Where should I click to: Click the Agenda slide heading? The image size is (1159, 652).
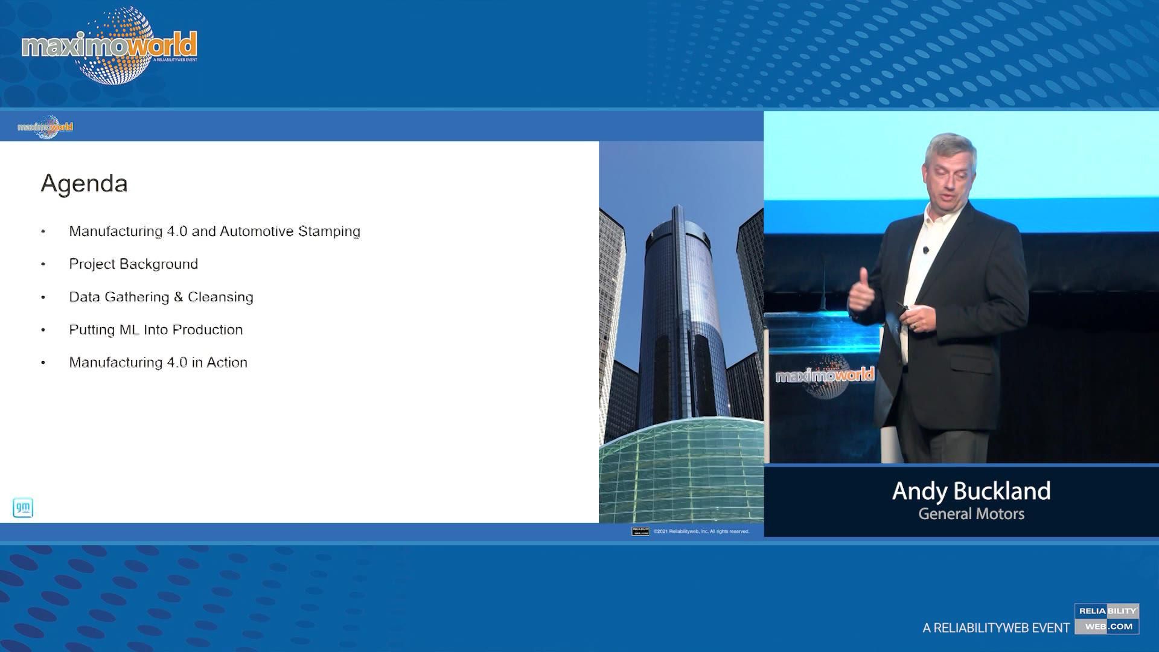84,184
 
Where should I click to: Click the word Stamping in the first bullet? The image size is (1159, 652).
329,231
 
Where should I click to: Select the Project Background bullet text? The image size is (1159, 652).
133,264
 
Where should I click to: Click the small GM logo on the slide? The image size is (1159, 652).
23,508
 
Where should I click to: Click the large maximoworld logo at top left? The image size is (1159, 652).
109,46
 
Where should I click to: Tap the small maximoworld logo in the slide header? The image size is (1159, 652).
45,127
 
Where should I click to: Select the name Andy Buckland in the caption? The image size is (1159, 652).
971,491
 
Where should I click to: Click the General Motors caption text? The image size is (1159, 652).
971,514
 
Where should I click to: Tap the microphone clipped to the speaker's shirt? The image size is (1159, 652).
926,250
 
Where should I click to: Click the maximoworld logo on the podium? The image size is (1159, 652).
824,376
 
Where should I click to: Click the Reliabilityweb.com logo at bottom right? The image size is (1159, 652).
1106,619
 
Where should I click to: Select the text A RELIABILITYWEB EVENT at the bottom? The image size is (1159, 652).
996,628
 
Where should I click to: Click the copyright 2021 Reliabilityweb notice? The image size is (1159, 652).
700,531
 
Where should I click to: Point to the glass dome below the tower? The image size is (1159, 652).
681,471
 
